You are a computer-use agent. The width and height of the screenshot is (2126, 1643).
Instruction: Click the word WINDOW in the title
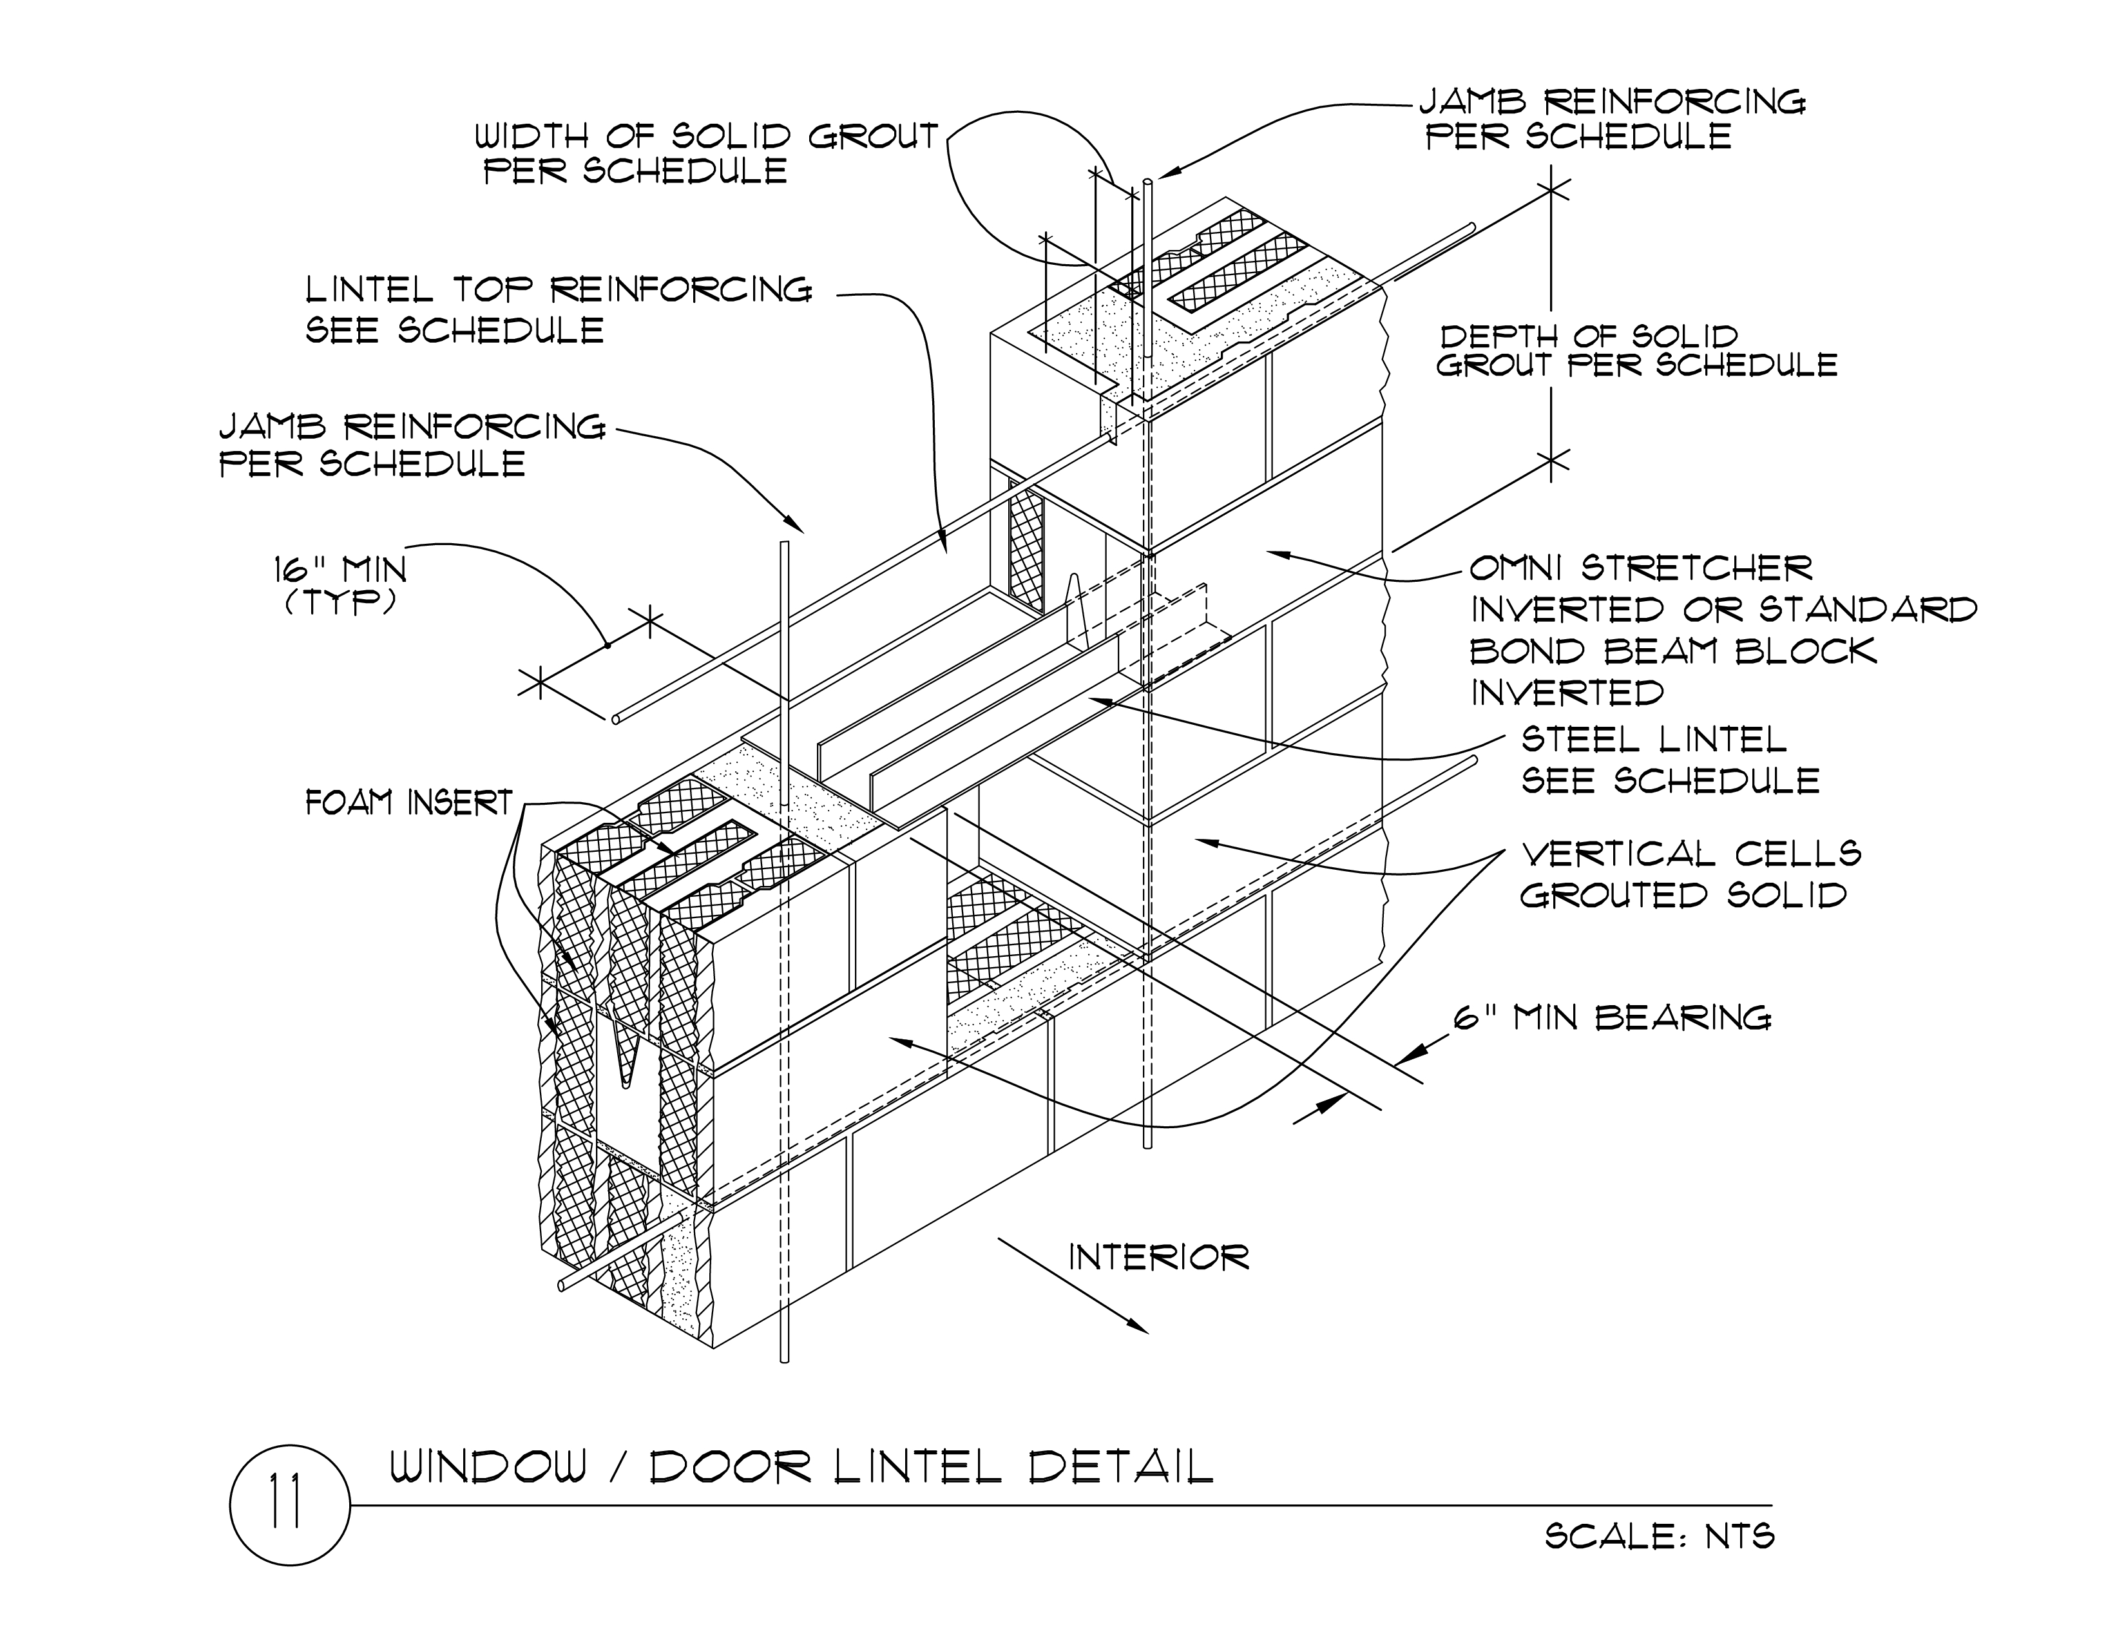click(x=489, y=1467)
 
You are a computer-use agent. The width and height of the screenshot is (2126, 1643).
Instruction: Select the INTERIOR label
click(x=1158, y=1258)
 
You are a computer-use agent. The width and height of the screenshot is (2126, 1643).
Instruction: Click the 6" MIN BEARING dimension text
click(x=1612, y=1018)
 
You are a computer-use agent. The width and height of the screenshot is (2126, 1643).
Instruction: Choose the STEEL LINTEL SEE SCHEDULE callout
click(x=1669, y=760)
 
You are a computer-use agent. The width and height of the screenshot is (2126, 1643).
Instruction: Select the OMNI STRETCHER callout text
click(x=1640, y=568)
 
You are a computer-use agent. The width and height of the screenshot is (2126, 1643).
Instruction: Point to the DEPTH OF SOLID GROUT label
click(x=1635, y=351)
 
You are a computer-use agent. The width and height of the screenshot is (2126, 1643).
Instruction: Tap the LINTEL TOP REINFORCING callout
click(x=559, y=309)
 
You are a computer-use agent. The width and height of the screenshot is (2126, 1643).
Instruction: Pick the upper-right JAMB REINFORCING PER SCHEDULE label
click(x=1611, y=119)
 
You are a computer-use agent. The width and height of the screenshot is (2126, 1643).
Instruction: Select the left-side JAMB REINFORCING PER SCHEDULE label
click(x=411, y=445)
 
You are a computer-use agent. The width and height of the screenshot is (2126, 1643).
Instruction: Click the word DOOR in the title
click(x=730, y=1467)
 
